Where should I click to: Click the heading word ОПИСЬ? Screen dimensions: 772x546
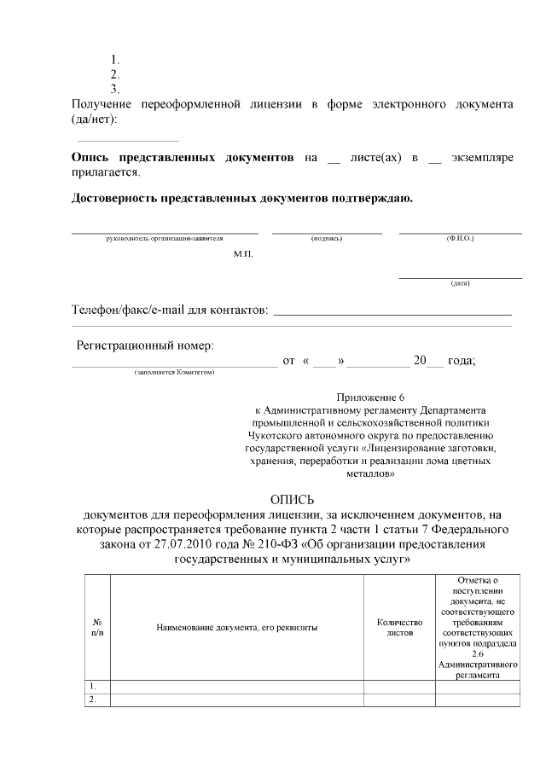292,499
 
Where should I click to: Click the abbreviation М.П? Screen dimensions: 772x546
243,254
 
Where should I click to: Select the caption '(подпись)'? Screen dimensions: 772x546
327,239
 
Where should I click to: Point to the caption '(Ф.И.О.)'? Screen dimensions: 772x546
460,239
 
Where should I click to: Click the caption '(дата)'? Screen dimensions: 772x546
460,283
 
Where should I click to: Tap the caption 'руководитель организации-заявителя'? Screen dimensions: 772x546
164,239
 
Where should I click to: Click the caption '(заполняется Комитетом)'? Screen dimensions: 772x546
174,372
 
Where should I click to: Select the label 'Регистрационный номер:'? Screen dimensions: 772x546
146,345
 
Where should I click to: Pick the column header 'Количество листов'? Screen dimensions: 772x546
399,628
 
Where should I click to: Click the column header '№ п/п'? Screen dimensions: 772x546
97,628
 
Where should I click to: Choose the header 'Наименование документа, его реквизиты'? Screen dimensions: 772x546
237,628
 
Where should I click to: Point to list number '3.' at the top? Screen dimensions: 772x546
115,89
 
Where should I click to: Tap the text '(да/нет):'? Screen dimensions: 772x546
95,119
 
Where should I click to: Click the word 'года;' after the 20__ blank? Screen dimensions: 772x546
462,361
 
